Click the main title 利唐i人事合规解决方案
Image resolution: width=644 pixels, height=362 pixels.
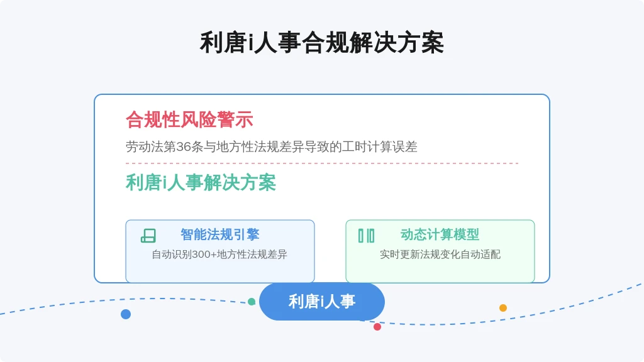tap(321, 43)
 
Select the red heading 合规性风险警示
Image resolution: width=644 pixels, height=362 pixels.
tap(189, 120)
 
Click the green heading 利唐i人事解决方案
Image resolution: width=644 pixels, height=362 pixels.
tap(201, 183)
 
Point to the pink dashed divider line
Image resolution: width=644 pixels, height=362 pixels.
tap(322, 163)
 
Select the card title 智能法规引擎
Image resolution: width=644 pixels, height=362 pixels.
tap(220, 235)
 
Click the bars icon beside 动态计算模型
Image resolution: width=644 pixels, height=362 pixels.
tap(367, 236)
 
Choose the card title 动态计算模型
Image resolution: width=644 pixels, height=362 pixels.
tap(440, 235)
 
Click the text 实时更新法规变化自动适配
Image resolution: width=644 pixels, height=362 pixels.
tap(440, 255)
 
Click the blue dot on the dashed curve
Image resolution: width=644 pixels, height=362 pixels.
tap(126, 314)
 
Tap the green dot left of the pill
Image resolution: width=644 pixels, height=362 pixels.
tap(252, 302)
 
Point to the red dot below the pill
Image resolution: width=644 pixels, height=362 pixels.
tap(377, 327)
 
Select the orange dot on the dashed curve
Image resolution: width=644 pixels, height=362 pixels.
tap(502, 308)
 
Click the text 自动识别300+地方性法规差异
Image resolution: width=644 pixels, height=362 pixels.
tap(219, 255)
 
